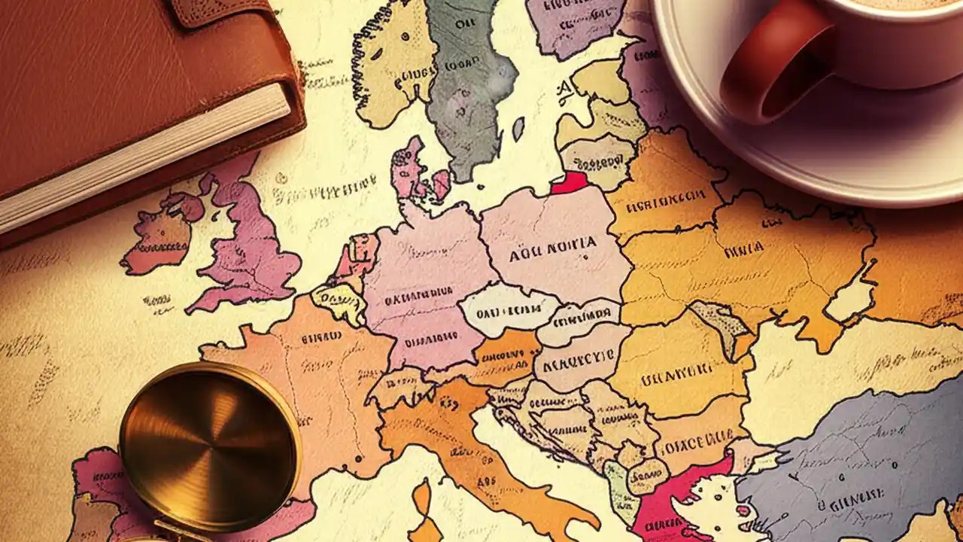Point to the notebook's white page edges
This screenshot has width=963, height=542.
click(143, 158)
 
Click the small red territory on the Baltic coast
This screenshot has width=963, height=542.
click(570, 183)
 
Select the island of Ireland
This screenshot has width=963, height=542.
click(158, 233)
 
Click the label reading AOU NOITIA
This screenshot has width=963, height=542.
click(553, 245)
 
